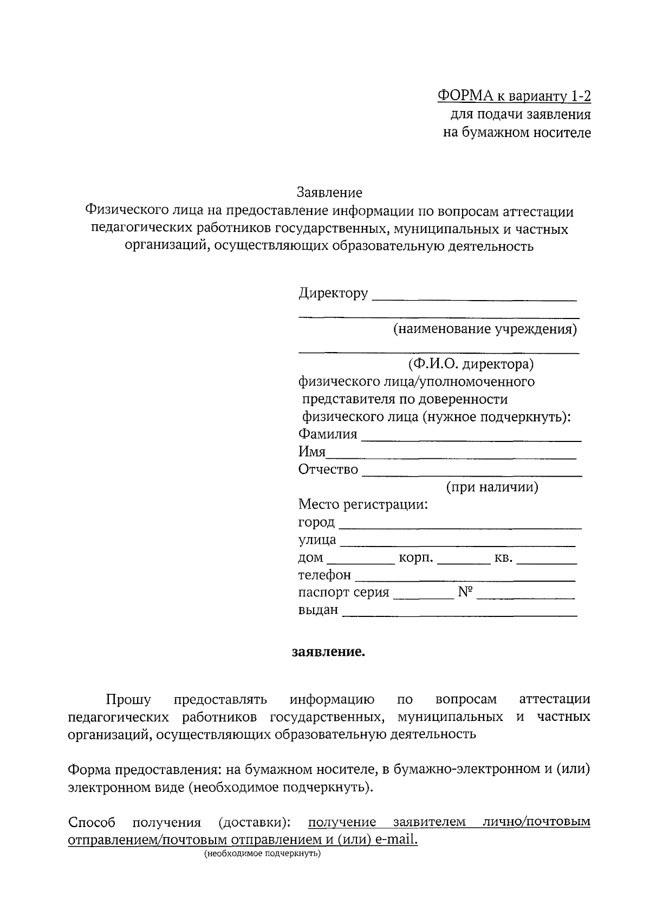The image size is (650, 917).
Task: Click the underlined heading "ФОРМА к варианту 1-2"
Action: [x=513, y=96]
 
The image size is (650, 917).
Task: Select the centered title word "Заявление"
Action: [x=329, y=192]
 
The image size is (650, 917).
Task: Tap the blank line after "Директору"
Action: [x=474, y=297]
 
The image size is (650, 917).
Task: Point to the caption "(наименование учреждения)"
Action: [x=485, y=329]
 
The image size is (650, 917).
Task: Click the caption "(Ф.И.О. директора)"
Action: [x=471, y=364]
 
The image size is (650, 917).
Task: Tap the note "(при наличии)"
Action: [x=492, y=487]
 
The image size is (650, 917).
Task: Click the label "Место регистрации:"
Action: [x=363, y=505]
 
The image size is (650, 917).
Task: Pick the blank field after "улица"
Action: [x=458, y=543]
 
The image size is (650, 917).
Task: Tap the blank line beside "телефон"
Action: [x=465, y=578]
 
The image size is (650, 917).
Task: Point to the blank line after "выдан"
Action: [x=460, y=614]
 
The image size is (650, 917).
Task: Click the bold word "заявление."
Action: [x=329, y=652]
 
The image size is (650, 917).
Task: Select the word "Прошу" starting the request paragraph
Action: [x=128, y=700]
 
